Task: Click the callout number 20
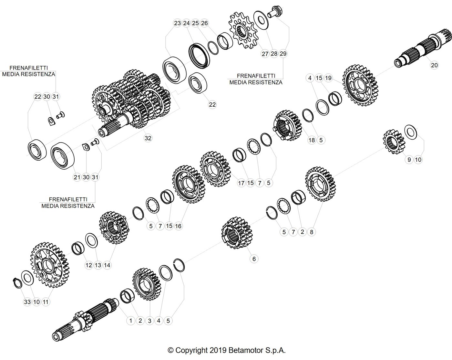tap(434, 65)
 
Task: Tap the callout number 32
tap(148, 138)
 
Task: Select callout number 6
tap(254, 259)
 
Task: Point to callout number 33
tap(27, 302)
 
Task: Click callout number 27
tap(265, 54)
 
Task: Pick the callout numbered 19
tap(328, 78)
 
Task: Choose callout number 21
tap(77, 177)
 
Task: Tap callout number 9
tap(409, 160)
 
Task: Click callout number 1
tap(131, 321)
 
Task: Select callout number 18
tap(312, 140)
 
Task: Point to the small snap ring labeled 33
tap(17, 282)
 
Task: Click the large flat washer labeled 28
tap(261, 20)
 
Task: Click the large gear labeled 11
tap(50, 265)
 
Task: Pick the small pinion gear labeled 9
tap(394, 142)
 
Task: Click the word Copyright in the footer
tap(191, 350)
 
